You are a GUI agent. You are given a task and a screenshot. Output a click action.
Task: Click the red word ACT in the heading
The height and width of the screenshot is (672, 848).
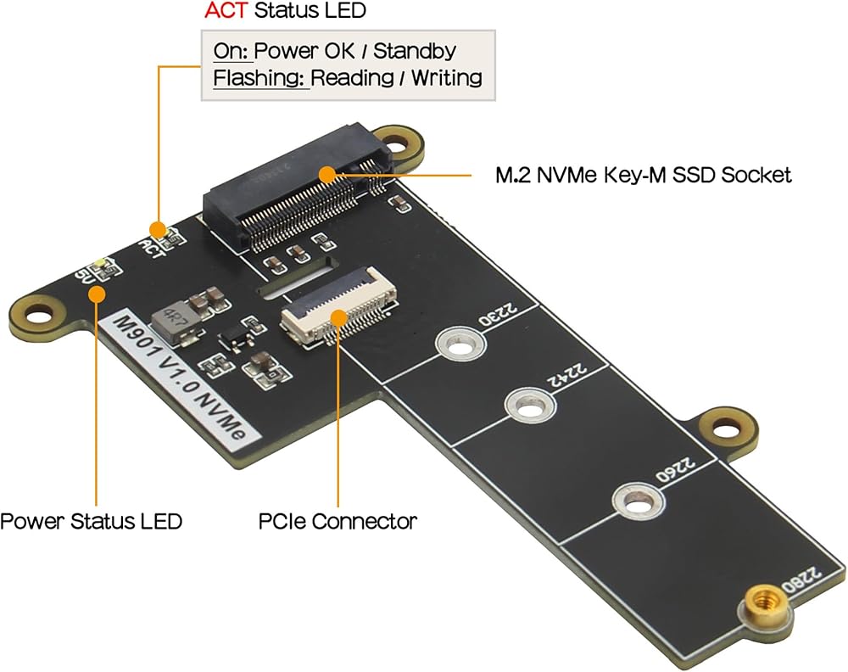(226, 10)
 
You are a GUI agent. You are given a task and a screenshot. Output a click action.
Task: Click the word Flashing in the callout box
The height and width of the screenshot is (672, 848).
(258, 78)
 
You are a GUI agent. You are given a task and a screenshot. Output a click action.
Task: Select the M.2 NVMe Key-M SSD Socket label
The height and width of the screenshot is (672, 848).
(644, 176)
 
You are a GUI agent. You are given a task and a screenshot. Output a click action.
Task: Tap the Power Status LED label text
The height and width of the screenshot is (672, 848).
(91, 521)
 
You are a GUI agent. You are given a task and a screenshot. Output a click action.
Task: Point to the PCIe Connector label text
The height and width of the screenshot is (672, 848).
(338, 521)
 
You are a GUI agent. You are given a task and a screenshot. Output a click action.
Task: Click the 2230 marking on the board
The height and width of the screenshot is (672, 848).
(498, 314)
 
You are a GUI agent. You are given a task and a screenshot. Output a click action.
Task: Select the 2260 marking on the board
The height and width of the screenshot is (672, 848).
(676, 470)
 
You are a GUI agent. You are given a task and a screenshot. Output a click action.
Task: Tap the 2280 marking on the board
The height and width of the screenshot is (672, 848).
(801, 580)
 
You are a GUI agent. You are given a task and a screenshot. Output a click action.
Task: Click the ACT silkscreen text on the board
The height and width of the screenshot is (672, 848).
(152, 249)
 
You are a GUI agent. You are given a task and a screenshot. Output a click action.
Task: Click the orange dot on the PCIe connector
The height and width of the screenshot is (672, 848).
(338, 317)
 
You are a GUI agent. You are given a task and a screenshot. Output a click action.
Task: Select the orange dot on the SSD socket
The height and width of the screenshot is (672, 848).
(326, 174)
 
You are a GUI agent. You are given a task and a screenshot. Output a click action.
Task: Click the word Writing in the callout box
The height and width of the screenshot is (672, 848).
(447, 78)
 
